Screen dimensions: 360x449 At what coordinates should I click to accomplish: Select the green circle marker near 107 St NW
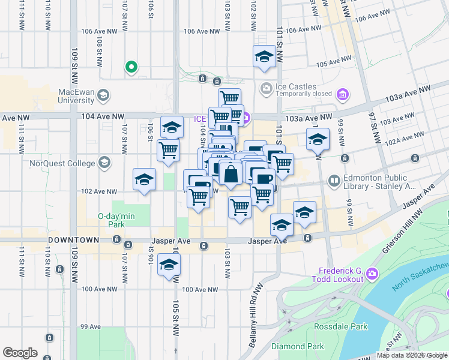click(x=130, y=67)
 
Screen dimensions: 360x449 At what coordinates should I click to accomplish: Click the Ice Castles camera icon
click(x=266, y=88)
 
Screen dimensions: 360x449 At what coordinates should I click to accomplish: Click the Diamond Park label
click(x=298, y=346)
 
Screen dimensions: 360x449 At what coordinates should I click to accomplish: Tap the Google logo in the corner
click(x=20, y=352)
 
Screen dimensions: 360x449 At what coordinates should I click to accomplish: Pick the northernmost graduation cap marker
click(x=264, y=58)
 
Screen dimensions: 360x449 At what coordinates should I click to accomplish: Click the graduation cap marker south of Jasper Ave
click(x=169, y=265)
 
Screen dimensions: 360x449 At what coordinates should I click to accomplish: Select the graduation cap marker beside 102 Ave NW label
click(x=144, y=179)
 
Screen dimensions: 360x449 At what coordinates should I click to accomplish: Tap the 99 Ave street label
click(x=91, y=326)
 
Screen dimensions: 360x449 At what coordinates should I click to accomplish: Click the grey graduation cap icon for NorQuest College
click(x=105, y=163)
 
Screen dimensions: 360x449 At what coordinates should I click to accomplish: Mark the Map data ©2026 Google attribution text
click(x=411, y=355)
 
